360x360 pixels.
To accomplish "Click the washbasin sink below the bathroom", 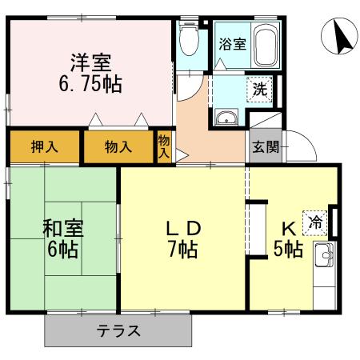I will click(x=226, y=118).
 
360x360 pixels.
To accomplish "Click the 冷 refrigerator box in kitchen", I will click(x=317, y=222).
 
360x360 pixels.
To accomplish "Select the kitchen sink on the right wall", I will click(x=325, y=258).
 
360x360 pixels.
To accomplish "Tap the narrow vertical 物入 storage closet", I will click(x=164, y=146).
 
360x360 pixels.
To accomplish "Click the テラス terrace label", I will click(x=119, y=330).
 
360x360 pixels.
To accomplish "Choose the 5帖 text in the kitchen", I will click(x=287, y=249).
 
